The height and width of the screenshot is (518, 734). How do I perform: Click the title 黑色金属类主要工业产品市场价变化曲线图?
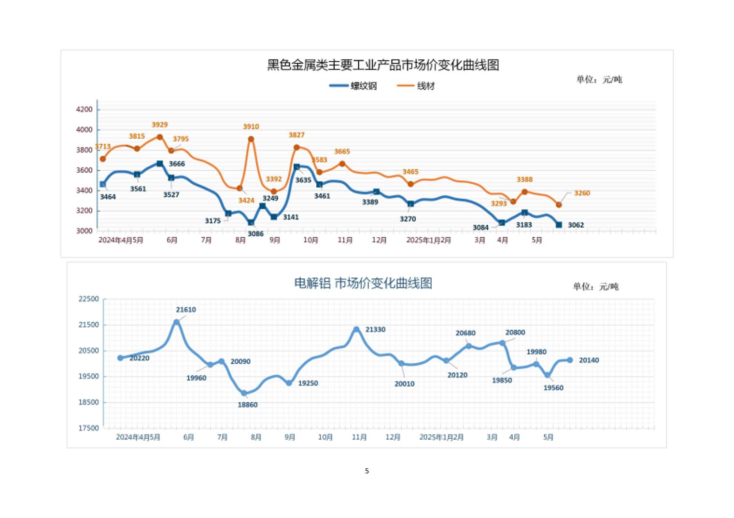click(383, 65)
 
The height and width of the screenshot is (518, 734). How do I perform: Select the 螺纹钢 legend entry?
click(353, 86)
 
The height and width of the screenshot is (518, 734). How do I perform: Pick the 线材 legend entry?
click(416, 86)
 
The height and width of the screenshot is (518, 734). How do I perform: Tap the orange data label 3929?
click(159, 125)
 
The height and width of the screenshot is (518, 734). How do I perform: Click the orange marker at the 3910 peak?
click(251, 139)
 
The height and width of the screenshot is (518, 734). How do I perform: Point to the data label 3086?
click(255, 234)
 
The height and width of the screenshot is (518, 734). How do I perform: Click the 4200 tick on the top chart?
click(84, 109)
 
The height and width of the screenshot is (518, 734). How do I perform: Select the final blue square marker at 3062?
click(559, 225)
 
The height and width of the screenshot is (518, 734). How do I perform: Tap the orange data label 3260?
click(582, 193)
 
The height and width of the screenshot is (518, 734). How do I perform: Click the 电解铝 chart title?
click(363, 283)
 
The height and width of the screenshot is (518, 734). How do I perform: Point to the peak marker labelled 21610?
click(177, 322)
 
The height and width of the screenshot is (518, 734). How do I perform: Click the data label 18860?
click(247, 405)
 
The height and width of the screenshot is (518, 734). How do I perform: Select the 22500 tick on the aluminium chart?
click(88, 299)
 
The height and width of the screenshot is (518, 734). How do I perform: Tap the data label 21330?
click(375, 329)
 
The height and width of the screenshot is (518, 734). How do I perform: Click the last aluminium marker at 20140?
click(570, 360)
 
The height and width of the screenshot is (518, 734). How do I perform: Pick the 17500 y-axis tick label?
click(88, 428)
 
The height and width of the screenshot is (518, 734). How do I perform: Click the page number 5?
click(367, 471)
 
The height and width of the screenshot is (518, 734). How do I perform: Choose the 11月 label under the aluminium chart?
click(359, 437)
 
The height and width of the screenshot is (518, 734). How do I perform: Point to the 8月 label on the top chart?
click(240, 240)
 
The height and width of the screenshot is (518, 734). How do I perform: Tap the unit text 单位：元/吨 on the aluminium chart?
click(595, 286)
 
